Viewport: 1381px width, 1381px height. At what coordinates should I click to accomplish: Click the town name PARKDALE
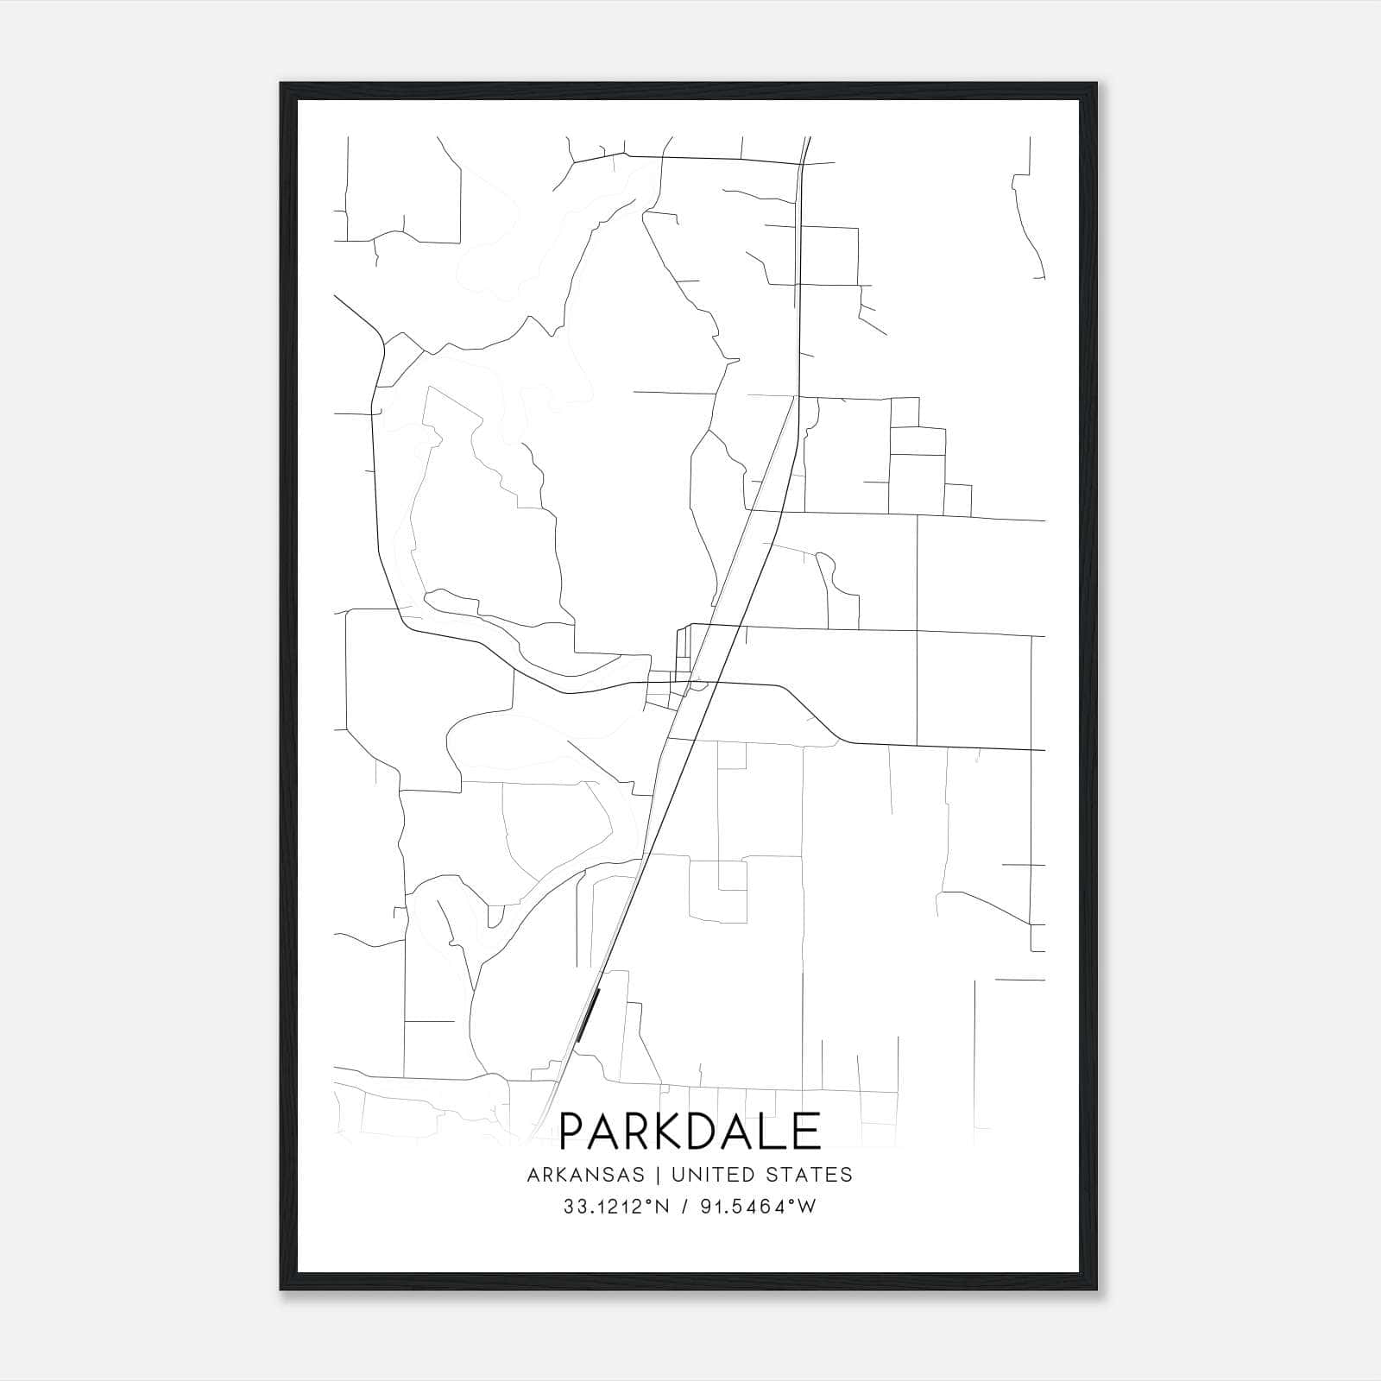(x=690, y=1131)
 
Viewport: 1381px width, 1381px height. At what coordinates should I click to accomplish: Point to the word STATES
(x=810, y=1175)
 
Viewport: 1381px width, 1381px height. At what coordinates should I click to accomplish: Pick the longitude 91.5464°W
(x=759, y=1207)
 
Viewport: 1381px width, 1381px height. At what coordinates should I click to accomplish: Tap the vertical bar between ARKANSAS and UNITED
(x=658, y=1175)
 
